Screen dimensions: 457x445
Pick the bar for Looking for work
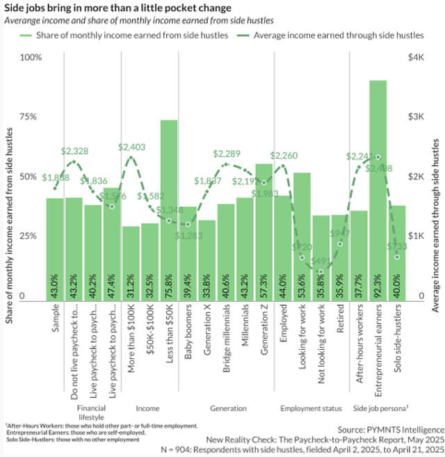pos(302,236)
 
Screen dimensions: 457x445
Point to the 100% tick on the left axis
pos(31,57)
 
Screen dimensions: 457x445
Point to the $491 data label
pos(321,262)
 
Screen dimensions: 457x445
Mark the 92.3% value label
pos(378,285)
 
